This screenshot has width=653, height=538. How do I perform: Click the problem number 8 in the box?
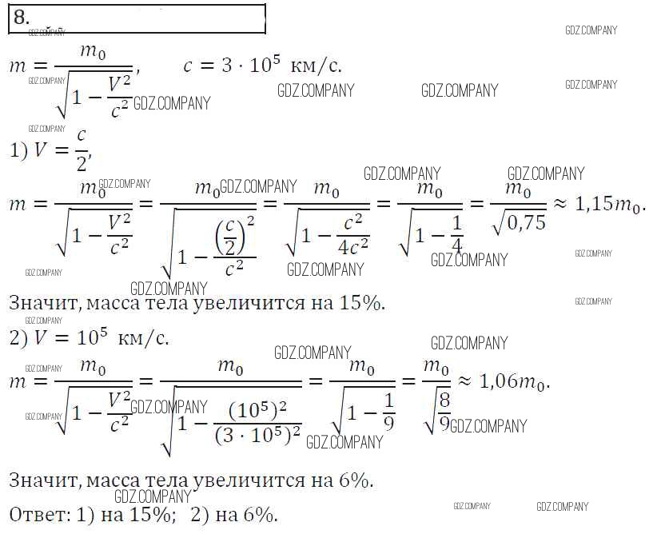point(22,18)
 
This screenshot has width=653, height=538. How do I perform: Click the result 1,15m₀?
point(610,204)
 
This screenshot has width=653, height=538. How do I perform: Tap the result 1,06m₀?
point(514,381)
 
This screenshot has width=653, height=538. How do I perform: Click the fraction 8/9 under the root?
point(444,412)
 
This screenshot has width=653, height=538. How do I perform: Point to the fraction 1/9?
point(388,412)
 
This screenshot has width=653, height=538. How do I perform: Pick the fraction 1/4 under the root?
point(457,234)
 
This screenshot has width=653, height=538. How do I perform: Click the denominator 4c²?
point(353,248)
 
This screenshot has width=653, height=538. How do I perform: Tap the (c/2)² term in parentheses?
point(234,235)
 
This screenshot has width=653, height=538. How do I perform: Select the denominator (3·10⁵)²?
point(258,435)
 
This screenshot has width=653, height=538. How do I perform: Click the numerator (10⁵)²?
point(258,411)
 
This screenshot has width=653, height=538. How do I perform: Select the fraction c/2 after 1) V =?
point(82,150)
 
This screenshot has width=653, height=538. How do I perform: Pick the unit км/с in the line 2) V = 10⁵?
point(143,338)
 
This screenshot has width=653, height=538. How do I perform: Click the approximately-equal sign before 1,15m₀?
point(560,205)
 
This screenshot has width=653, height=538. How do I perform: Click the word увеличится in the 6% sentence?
point(249,481)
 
